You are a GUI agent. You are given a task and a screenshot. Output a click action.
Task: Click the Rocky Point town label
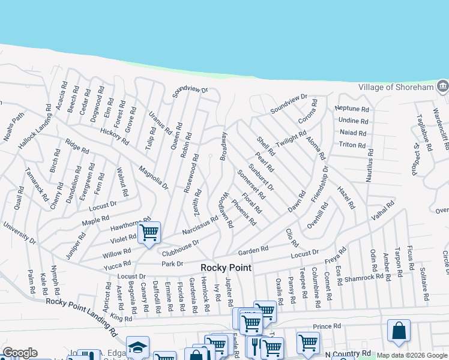(x=226, y=268)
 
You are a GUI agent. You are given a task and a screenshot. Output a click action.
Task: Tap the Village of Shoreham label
(x=396, y=87)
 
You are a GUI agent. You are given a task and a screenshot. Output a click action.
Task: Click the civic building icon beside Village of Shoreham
(x=442, y=87)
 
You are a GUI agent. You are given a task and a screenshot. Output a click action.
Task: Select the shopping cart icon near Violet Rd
(x=149, y=232)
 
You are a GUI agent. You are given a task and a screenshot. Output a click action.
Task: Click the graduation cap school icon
(x=137, y=347)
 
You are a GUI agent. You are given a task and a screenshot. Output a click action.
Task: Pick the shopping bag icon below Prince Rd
(x=399, y=331)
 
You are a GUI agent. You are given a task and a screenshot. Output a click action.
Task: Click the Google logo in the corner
(x=19, y=353)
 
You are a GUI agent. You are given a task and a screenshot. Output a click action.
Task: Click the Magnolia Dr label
(x=153, y=177)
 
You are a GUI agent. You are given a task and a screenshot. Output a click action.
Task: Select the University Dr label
(x=20, y=234)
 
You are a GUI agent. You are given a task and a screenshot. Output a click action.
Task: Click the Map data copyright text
(x=412, y=355)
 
